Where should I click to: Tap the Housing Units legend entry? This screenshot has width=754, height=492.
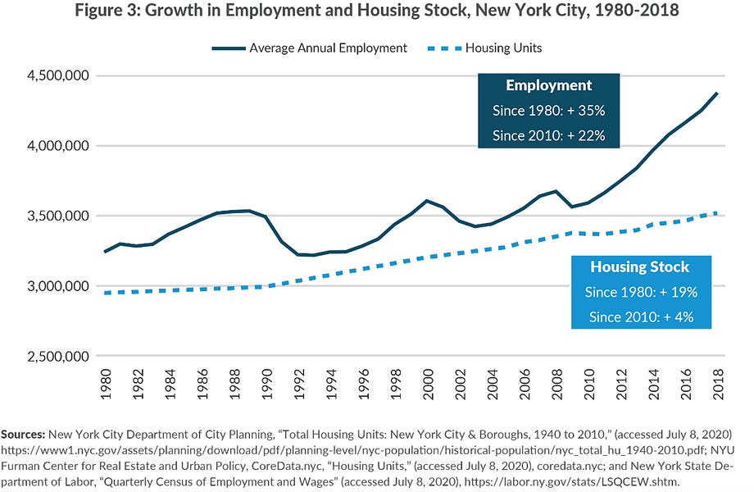click(502, 48)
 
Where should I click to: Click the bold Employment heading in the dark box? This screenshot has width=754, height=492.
click(548, 86)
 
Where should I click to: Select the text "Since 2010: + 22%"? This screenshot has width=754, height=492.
click(548, 134)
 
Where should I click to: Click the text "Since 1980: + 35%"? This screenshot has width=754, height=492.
click(548, 110)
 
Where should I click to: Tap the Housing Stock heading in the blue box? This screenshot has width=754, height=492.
click(640, 267)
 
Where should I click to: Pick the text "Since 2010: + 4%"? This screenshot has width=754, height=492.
click(640, 316)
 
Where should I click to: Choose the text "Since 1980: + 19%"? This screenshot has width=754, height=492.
click(640, 291)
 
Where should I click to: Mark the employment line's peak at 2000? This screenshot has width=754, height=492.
click(427, 200)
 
